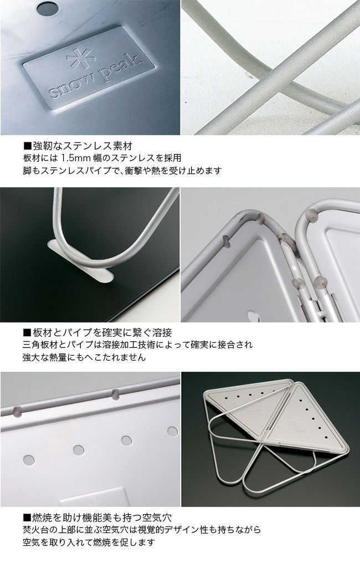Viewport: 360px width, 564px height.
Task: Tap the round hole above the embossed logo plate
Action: pos(48,8)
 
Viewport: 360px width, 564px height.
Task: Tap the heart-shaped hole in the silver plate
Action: pos(254,316)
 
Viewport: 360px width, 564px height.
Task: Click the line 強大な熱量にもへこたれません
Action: pos(84,357)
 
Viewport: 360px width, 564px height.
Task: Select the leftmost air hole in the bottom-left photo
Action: pos(29,460)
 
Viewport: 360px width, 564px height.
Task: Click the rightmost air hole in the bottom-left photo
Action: pos(173,431)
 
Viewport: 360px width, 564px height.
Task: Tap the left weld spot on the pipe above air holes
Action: pos(17,411)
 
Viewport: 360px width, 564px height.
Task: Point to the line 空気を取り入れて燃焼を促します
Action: pos(89,542)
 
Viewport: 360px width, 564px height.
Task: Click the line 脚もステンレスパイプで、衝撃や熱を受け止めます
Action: pos(122,171)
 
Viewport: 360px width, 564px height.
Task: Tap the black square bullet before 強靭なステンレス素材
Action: pos(27,146)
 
